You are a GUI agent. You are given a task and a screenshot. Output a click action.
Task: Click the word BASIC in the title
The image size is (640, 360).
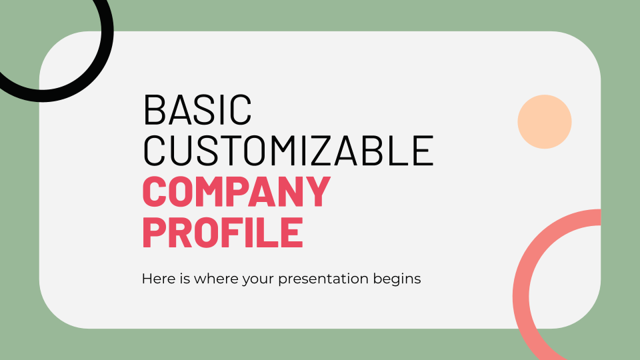197,109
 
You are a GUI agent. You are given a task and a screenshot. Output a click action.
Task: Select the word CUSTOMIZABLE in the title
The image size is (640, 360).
288,151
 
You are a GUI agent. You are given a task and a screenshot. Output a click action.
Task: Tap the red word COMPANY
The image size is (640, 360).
236,191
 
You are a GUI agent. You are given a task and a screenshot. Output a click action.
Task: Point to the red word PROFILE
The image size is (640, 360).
223,232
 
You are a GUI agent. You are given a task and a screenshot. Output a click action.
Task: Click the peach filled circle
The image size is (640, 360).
545,121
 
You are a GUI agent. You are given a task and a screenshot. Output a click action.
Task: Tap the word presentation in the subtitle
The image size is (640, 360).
323,279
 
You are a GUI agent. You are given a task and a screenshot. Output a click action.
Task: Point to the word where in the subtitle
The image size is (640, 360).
216,279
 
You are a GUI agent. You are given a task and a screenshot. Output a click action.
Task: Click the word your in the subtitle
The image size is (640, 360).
259,281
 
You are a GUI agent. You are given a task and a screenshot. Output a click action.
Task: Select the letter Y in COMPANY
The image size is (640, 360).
317,191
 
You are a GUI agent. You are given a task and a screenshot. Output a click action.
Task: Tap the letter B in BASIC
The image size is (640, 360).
153,109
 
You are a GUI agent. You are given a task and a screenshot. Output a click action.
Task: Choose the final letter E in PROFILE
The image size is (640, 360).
293,232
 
